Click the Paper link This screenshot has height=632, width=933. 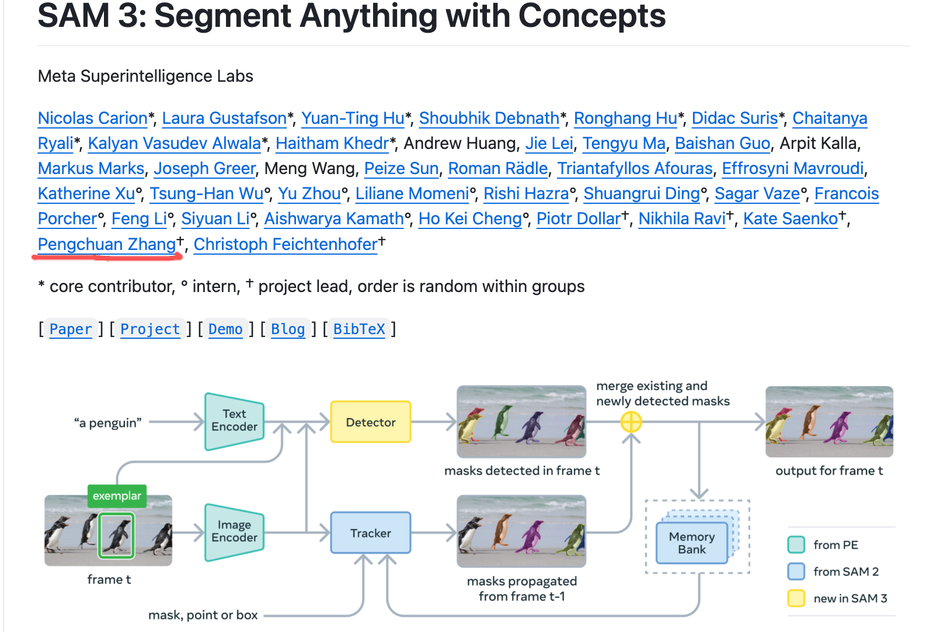(x=71, y=329)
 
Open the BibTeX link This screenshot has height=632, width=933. (x=359, y=329)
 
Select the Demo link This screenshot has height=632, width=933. (x=225, y=329)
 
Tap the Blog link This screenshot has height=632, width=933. (x=288, y=329)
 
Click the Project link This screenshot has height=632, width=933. (x=150, y=329)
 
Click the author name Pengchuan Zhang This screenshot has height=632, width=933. (x=107, y=244)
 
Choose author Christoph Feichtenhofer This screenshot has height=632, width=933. (x=286, y=244)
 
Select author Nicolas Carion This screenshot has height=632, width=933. (x=93, y=118)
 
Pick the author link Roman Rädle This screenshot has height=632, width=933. (x=497, y=168)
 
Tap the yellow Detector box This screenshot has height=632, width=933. (x=371, y=422)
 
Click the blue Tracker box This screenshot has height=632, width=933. (x=371, y=533)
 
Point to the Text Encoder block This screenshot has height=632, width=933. (x=234, y=421)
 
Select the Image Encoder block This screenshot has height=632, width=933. (x=234, y=532)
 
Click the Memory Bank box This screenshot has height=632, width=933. (x=692, y=543)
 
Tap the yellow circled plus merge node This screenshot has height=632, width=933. (x=631, y=422)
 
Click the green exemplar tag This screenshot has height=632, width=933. (x=117, y=496)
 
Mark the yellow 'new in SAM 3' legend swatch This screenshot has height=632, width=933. (x=796, y=598)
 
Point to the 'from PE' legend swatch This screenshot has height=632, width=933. (x=796, y=544)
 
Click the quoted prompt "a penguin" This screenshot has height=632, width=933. (x=108, y=422)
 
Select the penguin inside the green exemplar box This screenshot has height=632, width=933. (x=117, y=534)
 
